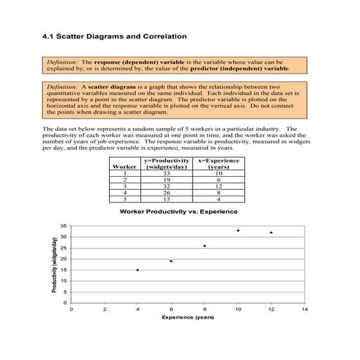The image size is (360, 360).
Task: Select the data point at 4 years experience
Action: pos(137,270)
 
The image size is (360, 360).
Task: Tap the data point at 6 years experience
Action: pos(171,261)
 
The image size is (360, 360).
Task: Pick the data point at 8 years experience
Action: pos(204,246)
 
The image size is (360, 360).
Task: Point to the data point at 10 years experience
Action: pos(238,231)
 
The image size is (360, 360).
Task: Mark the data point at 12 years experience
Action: pos(271,233)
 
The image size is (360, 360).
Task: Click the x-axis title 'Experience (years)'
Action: pos(188,319)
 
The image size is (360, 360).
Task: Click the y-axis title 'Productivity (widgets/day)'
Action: pos(55,265)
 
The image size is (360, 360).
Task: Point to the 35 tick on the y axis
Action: pos(63,226)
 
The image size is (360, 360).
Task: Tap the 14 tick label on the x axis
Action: pos(305,310)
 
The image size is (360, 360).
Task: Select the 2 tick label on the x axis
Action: pos(104,310)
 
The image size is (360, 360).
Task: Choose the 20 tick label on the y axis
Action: pos(63,259)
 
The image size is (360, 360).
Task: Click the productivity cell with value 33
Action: pos(167,173)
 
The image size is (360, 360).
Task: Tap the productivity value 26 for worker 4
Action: pos(167,192)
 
